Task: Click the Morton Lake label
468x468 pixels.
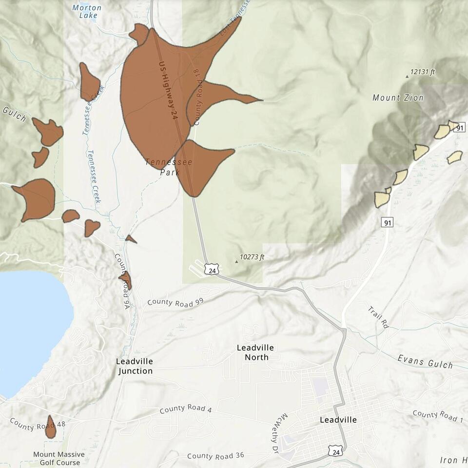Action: (x=87, y=12)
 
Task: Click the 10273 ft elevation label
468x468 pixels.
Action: (x=252, y=257)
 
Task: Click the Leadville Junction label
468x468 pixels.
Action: (x=135, y=366)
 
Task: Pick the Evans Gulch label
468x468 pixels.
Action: (x=425, y=361)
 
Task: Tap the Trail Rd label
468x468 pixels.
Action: (x=378, y=317)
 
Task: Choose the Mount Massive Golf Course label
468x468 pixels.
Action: (x=59, y=458)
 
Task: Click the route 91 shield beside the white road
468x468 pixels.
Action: (x=388, y=223)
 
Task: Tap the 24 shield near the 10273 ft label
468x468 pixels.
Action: (x=211, y=269)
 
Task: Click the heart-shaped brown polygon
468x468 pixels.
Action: (x=92, y=227)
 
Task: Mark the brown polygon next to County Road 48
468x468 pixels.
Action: (x=51, y=427)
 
